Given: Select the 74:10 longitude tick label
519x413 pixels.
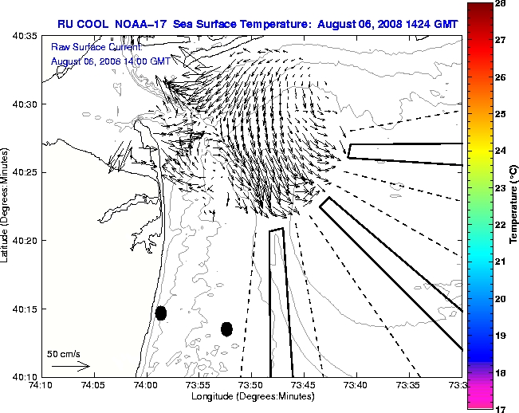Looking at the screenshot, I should tap(41, 385).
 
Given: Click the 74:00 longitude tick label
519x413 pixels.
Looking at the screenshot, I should tap(146, 385).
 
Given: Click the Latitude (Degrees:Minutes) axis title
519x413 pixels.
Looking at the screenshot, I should tap(6, 206).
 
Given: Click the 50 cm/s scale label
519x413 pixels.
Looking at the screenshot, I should tap(64, 353).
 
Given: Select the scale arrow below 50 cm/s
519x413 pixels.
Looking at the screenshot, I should tap(70, 366).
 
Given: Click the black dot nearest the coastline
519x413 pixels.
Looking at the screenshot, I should tap(161, 313).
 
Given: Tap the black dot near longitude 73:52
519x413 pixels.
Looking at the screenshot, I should tap(226, 328).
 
